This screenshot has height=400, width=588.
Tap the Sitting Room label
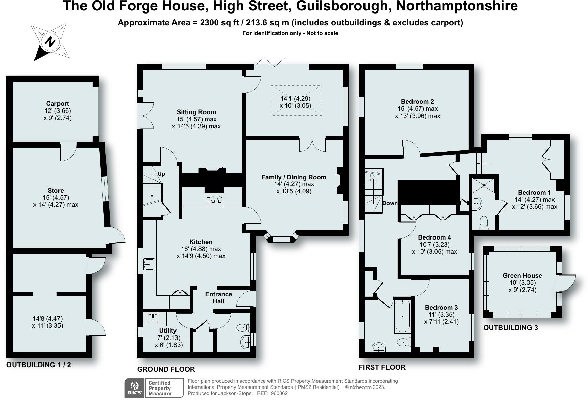196,112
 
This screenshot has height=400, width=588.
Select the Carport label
57,104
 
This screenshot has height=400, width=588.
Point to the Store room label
55,191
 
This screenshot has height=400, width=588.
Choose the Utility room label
168,330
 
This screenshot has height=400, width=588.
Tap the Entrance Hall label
218,298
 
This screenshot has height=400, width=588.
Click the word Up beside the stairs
161,174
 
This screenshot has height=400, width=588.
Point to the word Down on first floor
390,203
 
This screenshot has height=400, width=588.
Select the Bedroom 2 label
417,101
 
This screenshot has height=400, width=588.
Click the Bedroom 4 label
434,237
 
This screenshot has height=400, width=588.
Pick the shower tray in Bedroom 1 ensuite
484,185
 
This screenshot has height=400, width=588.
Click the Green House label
522,275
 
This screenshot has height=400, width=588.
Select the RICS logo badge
135,388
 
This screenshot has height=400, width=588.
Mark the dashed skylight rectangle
296,100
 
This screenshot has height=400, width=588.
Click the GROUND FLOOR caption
166,369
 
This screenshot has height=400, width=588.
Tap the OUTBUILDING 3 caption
510,328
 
